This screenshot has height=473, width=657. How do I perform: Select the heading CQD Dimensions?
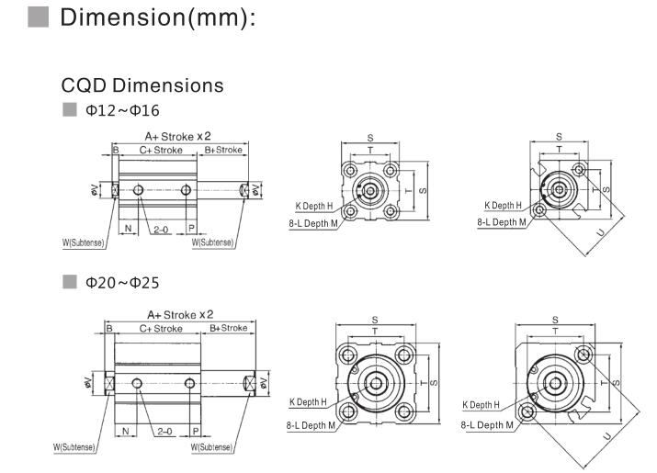pyautogui.click(x=142, y=85)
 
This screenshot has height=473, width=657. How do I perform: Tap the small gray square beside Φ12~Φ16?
pyautogui.click(x=68, y=111)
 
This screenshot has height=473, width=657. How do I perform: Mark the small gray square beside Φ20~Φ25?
pyautogui.click(x=68, y=281)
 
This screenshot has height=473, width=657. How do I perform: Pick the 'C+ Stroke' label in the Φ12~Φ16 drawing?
pyautogui.click(x=160, y=150)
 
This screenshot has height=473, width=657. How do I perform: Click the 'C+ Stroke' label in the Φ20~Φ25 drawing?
pyautogui.click(x=161, y=328)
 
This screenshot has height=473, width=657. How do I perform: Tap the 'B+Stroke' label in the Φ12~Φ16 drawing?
pyautogui.click(x=222, y=150)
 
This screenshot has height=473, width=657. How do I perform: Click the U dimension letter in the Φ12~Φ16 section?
pyautogui.click(x=601, y=232)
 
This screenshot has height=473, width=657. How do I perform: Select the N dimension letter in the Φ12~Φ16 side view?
pyautogui.click(x=128, y=227)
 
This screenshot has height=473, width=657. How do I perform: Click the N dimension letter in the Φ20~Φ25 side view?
pyautogui.click(x=124, y=430)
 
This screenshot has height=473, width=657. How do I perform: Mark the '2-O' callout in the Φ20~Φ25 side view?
pyautogui.click(x=164, y=430)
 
